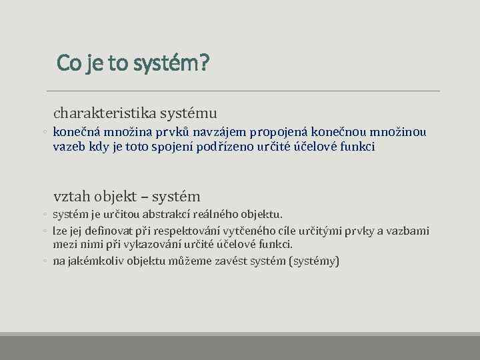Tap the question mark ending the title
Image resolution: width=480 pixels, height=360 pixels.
point(204,63)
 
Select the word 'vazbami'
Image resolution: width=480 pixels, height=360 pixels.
point(407,231)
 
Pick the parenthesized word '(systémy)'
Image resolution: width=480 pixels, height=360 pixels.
point(315,261)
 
